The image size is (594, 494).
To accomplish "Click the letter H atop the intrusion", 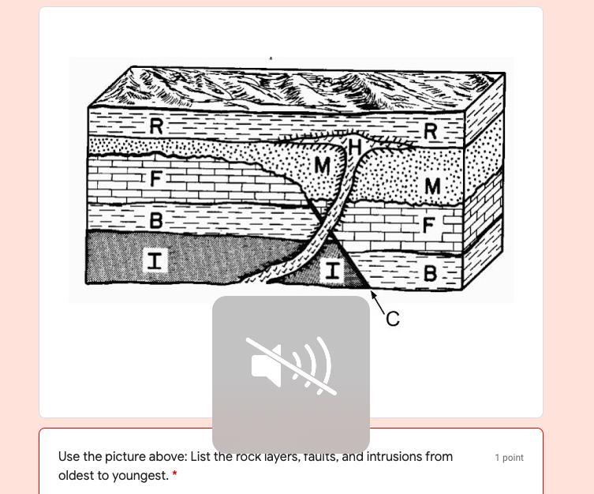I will (354, 148).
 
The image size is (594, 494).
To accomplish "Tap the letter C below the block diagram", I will (393, 319).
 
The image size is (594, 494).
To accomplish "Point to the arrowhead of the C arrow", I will (372, 294).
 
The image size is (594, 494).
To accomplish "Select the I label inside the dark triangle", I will (333, 271).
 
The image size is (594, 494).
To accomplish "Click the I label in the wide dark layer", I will (155, 260).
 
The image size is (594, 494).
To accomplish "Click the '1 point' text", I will (509, 458).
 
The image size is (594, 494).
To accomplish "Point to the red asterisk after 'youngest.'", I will (174, 475).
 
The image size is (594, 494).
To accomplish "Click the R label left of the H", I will (156, 125).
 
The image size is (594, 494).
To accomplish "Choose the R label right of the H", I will (430, 132).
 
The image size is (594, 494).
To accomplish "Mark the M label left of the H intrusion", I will (322, 166).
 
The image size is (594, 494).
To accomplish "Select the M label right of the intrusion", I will (432, 186).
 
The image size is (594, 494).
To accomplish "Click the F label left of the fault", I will (156, 179).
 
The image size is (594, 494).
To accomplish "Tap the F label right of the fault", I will (429, 226).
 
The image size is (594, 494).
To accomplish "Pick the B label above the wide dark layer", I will (156, 220).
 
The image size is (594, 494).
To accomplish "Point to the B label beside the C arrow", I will (431, 274).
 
